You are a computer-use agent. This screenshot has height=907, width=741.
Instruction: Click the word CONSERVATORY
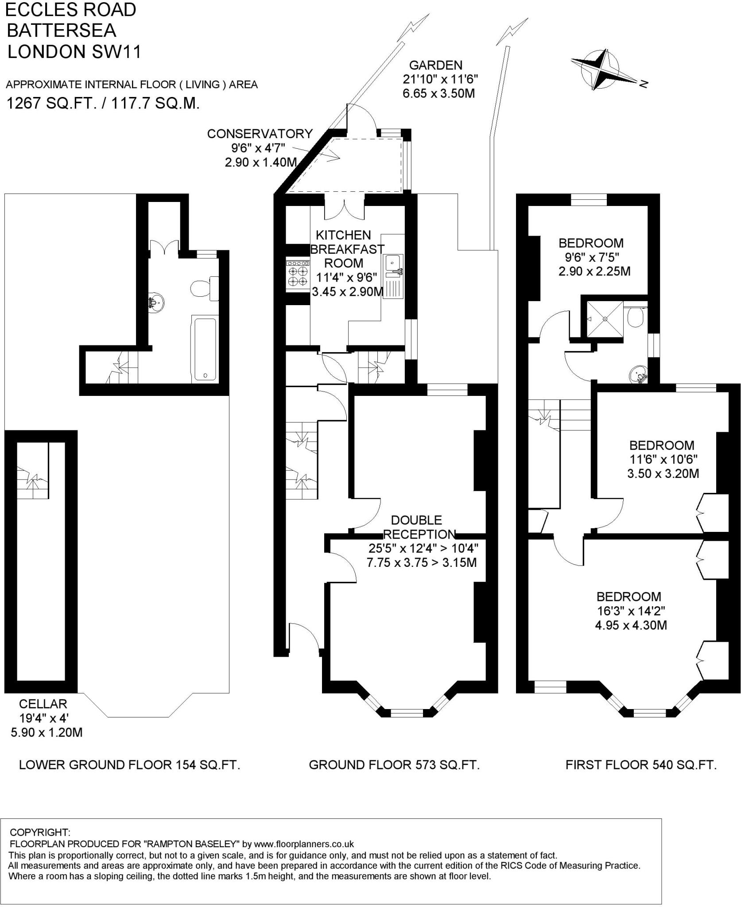click(x=260, y=133)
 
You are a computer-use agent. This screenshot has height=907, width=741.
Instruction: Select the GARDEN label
click(x=435, y=65)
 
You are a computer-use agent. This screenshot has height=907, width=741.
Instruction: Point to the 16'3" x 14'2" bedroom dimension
click(x=631, y=611)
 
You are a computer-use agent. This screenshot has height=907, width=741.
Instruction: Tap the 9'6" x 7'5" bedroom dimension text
click(x=591, y=257)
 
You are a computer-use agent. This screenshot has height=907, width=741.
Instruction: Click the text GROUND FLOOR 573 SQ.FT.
click(x=394, y=765)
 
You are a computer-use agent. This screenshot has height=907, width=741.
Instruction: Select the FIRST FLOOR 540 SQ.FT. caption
click(x=641, y=765)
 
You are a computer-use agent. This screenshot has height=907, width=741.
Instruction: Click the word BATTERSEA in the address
click(x=62, y=30)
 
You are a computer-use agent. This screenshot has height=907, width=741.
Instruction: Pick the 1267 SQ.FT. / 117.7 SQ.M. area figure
click(x=102, y=103)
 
